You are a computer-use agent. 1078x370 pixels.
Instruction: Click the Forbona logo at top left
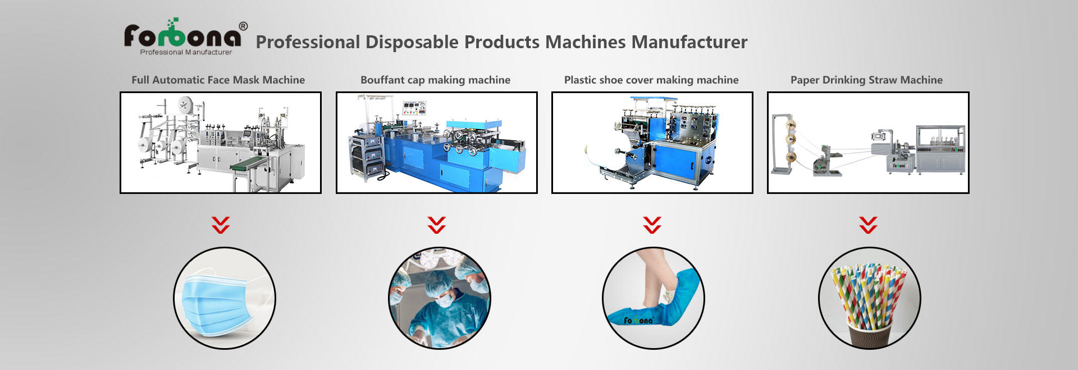pyautogui.click(x=183, y=37)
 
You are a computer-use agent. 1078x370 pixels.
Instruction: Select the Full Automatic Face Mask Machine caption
pyautogui.click(x=218, y=80)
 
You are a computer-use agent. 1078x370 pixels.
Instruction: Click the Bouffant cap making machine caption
pyautogui.click(x=436, y=80)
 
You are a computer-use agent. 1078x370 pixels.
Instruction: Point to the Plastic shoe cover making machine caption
pyautogui.click(x=651, y=80)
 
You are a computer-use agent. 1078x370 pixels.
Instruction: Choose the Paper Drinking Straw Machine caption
pyautogui.click(x=867, y=80)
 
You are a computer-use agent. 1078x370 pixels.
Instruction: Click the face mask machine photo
pyautogui.click(x=221, y=142)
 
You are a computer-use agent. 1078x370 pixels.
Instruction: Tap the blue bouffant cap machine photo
pyautogui.click(x=437, y=142)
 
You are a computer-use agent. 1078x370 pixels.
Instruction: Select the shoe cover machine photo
pyautogui.click(x=652, y=142)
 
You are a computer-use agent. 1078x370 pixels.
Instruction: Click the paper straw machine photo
pyautogui.click(x=868, y=142)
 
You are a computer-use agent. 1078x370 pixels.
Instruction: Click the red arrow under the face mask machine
pyautogui.click(x=221, y=225)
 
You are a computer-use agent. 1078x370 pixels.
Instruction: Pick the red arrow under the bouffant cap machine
pyautogui.click(x=436, y=225)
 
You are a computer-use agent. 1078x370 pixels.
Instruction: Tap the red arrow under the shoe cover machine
pyautogui.click(x=652, y=225)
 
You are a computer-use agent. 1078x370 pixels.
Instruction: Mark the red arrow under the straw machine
pyautogui.click(x=868, y=225)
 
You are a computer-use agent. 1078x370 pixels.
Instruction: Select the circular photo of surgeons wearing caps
pyautogui.click(x=440, y=298)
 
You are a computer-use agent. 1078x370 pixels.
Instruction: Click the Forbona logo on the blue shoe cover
pyautogui.click(x=638, y=321)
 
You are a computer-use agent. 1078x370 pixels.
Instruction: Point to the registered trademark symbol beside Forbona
pyautogui.click(x=243, y=26)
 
